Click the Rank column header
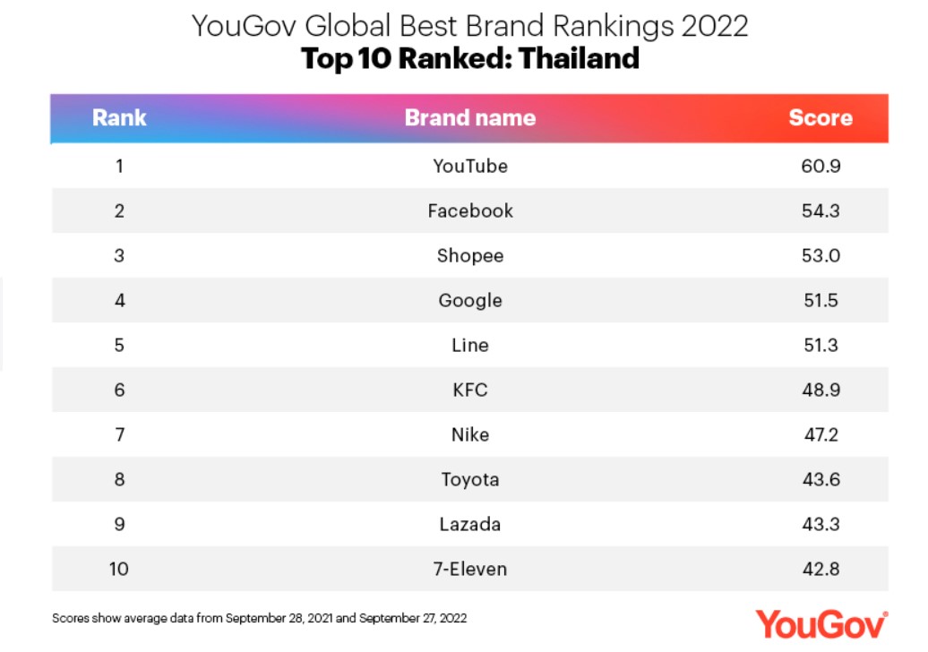[119, 117]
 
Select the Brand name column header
[470, 117]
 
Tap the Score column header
[821, 117]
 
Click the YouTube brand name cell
[470, 167]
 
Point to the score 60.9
[821, 167]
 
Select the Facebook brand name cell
[470, 210]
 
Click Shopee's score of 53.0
[821, 255]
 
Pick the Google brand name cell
[470, 301]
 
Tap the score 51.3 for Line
[821, 345]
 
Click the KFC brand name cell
[470, 390]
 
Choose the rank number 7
[119, 435]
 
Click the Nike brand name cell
[470, 435]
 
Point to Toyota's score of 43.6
[821, 479]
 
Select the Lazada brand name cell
[470, 524]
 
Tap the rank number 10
[119, 570]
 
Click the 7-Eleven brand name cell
[470, 570]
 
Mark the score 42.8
[821, 570]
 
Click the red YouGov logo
[821, 624]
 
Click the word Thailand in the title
[579, 58]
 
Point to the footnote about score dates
[259, 618]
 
